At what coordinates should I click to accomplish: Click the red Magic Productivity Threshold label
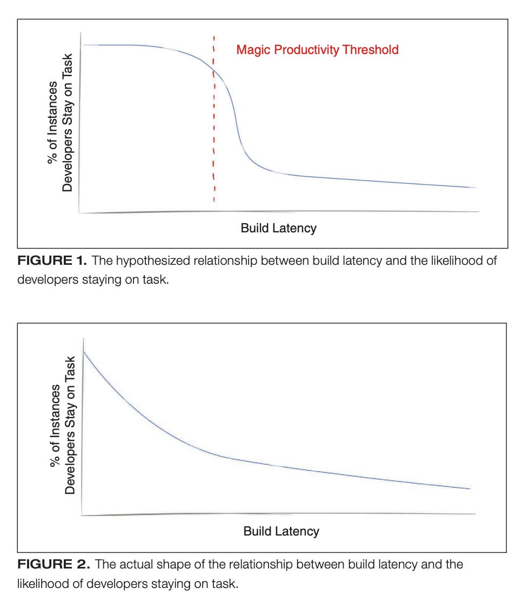point(317,50)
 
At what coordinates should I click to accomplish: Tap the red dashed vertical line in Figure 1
point(214,135)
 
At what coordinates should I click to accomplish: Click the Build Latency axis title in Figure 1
point(278,228)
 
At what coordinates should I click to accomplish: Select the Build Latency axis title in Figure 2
point(281,531)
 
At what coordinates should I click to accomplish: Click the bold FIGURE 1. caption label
point(52,262)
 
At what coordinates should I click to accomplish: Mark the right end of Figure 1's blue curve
point(475,188)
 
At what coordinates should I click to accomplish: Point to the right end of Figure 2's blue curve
point(470,489)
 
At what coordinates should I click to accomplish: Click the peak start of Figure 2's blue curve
point(84,351)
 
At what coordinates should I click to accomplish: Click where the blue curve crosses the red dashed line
point(214,72)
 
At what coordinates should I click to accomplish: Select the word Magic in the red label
point(252,50)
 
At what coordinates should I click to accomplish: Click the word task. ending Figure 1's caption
point(156,281)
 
